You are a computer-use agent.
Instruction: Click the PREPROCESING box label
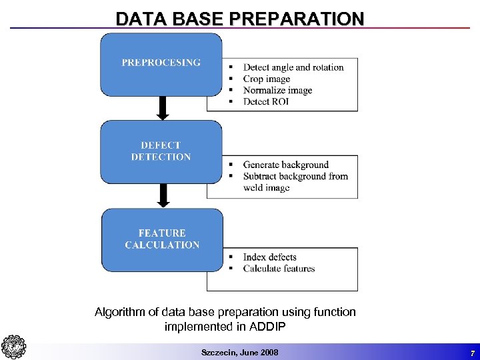point(161,63)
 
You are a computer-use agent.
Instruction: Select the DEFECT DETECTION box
point(161,151)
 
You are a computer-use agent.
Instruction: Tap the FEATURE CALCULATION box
point(162,239)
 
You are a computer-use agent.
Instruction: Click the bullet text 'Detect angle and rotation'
point(293,67)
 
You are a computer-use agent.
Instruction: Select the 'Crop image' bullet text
point(267,79)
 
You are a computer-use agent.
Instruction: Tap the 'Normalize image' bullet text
point(277,90)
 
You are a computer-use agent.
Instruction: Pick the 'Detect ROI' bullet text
point(266,101)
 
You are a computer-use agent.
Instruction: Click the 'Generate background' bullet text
point(286,165)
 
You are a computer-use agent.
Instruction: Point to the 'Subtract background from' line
point(295,176)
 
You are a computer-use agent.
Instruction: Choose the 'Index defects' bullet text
point(269,257)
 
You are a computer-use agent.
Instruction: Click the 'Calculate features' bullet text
point(279,269)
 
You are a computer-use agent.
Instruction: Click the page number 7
point(471,352)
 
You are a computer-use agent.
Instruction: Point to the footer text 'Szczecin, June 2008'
point(240,352)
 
